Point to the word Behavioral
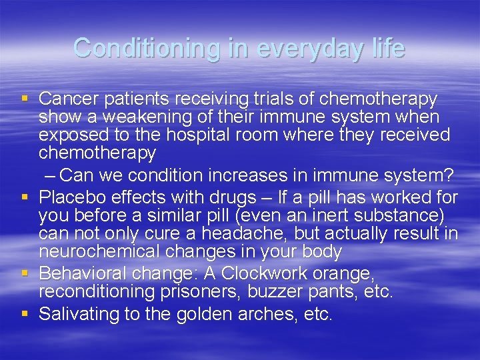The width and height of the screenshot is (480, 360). (80, 273)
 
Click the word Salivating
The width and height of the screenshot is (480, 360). (79, 314)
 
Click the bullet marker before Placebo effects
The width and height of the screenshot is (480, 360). (25, 197)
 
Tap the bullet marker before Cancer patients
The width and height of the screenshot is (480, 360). (25, 99)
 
